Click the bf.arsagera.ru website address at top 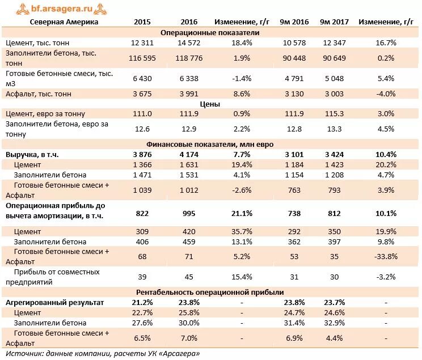(x=62, y=9)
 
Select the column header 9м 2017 (x=334, y=22)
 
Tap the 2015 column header (x=142, y=22)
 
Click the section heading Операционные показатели (x=210, y=32)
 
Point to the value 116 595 (x=142, y=58)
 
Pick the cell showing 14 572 (x=189, y=43)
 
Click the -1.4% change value (x=242, y=79)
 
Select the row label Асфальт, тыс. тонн (x=39, y=94)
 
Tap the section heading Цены (x=210, y=104)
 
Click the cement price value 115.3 (x=334, y=114)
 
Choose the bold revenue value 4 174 (x=189, y=155)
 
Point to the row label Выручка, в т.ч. (x=32, y=155)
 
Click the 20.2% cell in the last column (x=386, y=164)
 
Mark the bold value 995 (x=189, y=214)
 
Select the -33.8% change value (x=386, y=256)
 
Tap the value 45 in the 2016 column (x=189, y=277)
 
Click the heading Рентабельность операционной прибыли (x=210, y=293)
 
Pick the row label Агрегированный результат (x=54, y=303)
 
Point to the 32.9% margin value (x=334, y=323)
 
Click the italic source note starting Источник (x=103, y=354)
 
